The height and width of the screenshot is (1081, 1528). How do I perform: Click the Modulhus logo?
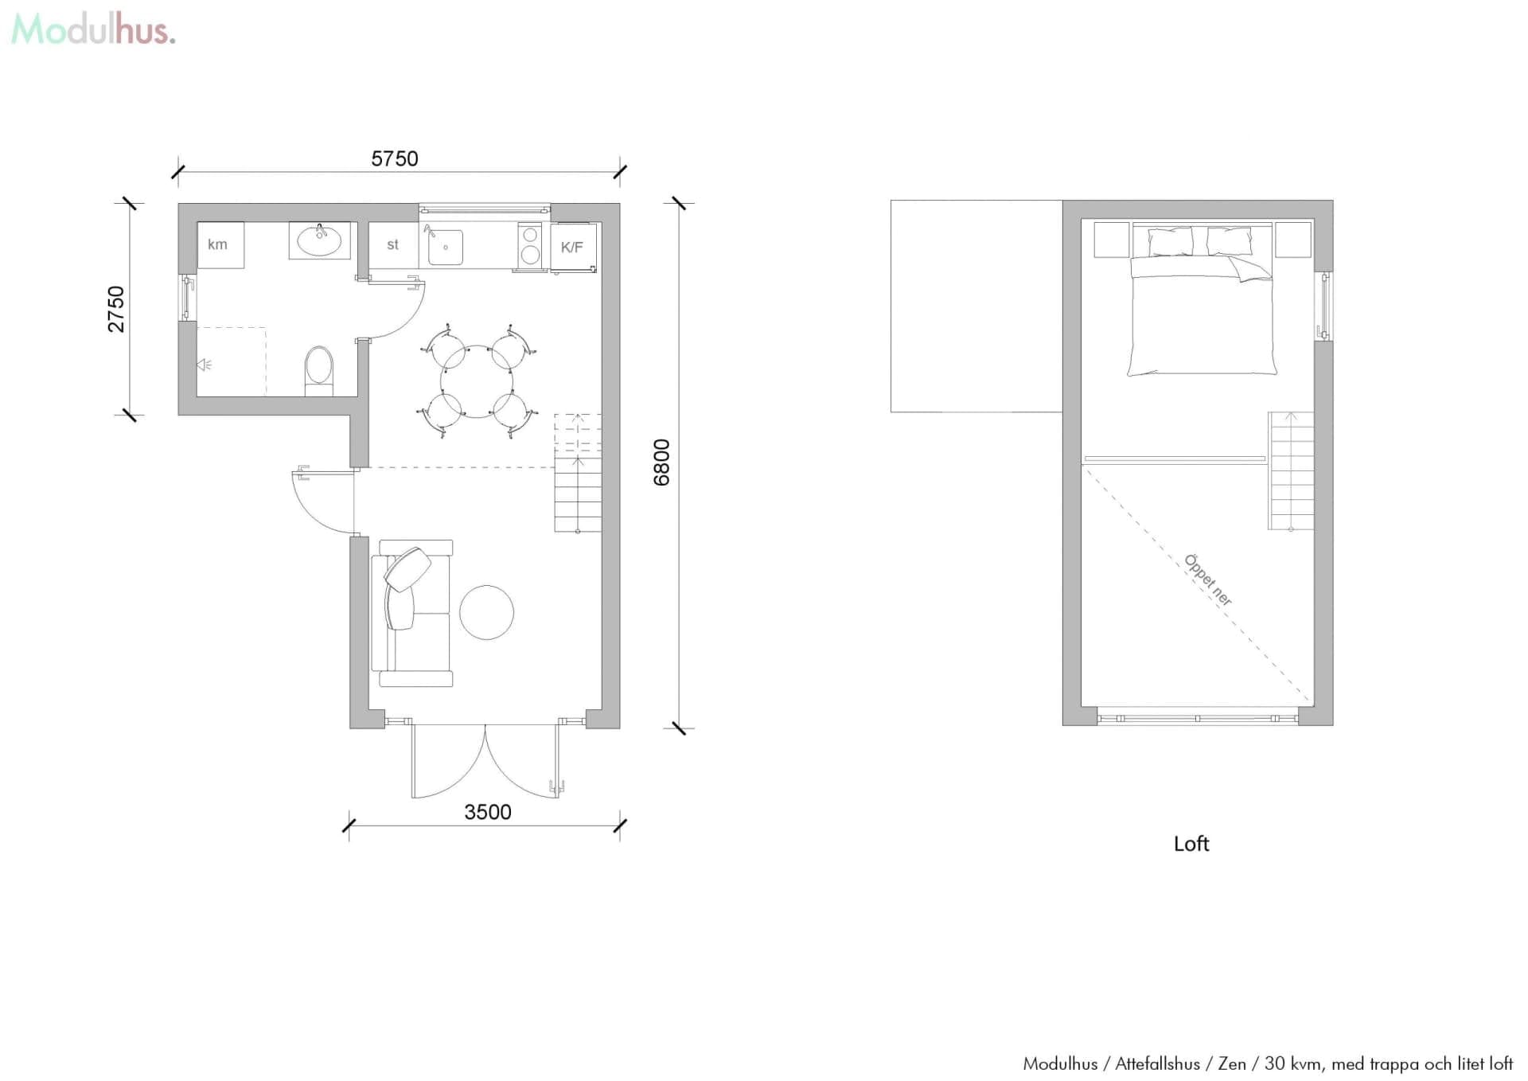pos(92,30)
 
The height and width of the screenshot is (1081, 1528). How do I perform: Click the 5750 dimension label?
pos(395,158)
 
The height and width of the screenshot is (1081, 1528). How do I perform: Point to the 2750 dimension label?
pos(116,309)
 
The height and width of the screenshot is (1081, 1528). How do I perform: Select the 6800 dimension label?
pos(661,462)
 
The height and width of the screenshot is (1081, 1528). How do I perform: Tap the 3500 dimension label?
pos(487,812)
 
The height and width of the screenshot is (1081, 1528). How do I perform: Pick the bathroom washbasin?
pos(319,240)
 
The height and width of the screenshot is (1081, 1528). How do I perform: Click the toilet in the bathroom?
pos(319,370)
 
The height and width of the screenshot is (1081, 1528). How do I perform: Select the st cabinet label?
pos(392,245)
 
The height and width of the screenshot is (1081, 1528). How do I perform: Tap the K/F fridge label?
pos(572,248)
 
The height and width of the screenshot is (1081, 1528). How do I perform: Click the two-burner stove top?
pos(530,245)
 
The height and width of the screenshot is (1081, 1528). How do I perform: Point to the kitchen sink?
pos(446,247)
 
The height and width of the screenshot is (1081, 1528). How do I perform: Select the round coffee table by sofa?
pos(486,612)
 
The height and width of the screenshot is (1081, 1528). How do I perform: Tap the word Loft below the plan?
pos(1191,844)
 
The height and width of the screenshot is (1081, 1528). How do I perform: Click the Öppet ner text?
pos(1208,580)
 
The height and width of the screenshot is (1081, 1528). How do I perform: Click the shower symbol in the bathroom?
pos(205,365)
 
